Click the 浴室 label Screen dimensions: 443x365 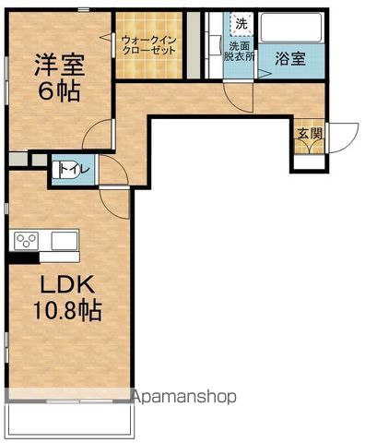click(291, 57)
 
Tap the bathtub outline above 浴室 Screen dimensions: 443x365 click(290, 28)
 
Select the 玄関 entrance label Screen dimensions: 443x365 click(308, 133)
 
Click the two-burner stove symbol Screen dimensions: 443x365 click(27, 241)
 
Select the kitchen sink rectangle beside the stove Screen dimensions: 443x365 click(65, 241)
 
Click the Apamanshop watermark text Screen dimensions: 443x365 click(184, 397)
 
